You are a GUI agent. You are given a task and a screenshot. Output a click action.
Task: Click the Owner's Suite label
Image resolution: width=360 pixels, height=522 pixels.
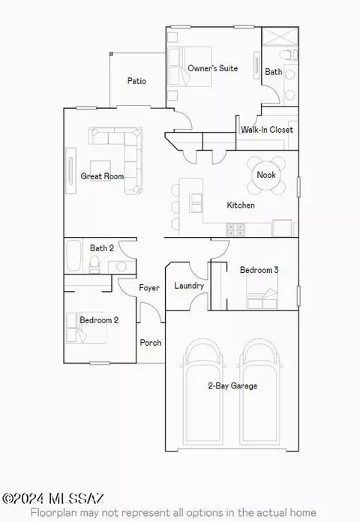coord(212,68)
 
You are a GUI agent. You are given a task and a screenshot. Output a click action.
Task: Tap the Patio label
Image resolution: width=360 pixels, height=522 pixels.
coord(136,81)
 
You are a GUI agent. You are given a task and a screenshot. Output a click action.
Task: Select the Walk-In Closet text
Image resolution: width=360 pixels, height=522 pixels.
coord(267,130)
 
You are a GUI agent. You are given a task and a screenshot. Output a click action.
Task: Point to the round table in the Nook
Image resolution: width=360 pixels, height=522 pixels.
coord(266,175)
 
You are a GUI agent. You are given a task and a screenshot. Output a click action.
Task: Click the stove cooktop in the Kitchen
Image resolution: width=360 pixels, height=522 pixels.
coord(235,229)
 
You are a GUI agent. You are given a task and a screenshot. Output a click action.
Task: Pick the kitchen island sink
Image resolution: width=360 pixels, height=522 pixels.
coord(196,202)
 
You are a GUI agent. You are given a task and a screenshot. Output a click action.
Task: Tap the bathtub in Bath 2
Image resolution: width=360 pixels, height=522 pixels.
coord(73,256)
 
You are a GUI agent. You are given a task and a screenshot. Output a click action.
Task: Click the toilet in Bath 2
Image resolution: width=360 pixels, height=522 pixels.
coord(95,265)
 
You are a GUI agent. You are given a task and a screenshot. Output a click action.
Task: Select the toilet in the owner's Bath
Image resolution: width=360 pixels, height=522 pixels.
coord(289,55)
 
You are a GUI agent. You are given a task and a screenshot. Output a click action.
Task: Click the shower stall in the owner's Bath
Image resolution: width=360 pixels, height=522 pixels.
coord(280,36)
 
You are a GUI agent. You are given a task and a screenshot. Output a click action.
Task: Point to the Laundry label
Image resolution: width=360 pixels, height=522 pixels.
coord(189,286)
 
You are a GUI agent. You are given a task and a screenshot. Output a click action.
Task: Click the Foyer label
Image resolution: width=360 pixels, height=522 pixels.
coord(148,288)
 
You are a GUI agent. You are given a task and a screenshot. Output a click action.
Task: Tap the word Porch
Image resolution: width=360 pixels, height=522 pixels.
coord(151,343)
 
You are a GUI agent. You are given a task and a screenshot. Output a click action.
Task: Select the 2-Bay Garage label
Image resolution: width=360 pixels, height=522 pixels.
coord(232,385)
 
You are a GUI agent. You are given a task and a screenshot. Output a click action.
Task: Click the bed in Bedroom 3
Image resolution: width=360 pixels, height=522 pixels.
coord(262,292)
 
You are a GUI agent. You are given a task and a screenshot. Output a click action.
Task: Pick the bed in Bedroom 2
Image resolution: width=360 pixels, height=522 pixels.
coord(86,328)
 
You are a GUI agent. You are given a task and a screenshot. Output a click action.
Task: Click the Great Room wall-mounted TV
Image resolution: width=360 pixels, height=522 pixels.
coord(70,171)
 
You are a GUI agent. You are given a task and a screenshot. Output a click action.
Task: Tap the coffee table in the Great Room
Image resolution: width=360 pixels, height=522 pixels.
coord(100,170)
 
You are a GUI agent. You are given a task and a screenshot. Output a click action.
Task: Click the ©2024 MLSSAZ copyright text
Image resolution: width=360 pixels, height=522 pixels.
coord(53,498)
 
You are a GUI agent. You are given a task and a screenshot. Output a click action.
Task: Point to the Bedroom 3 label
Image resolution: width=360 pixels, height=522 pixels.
coord(259,270)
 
